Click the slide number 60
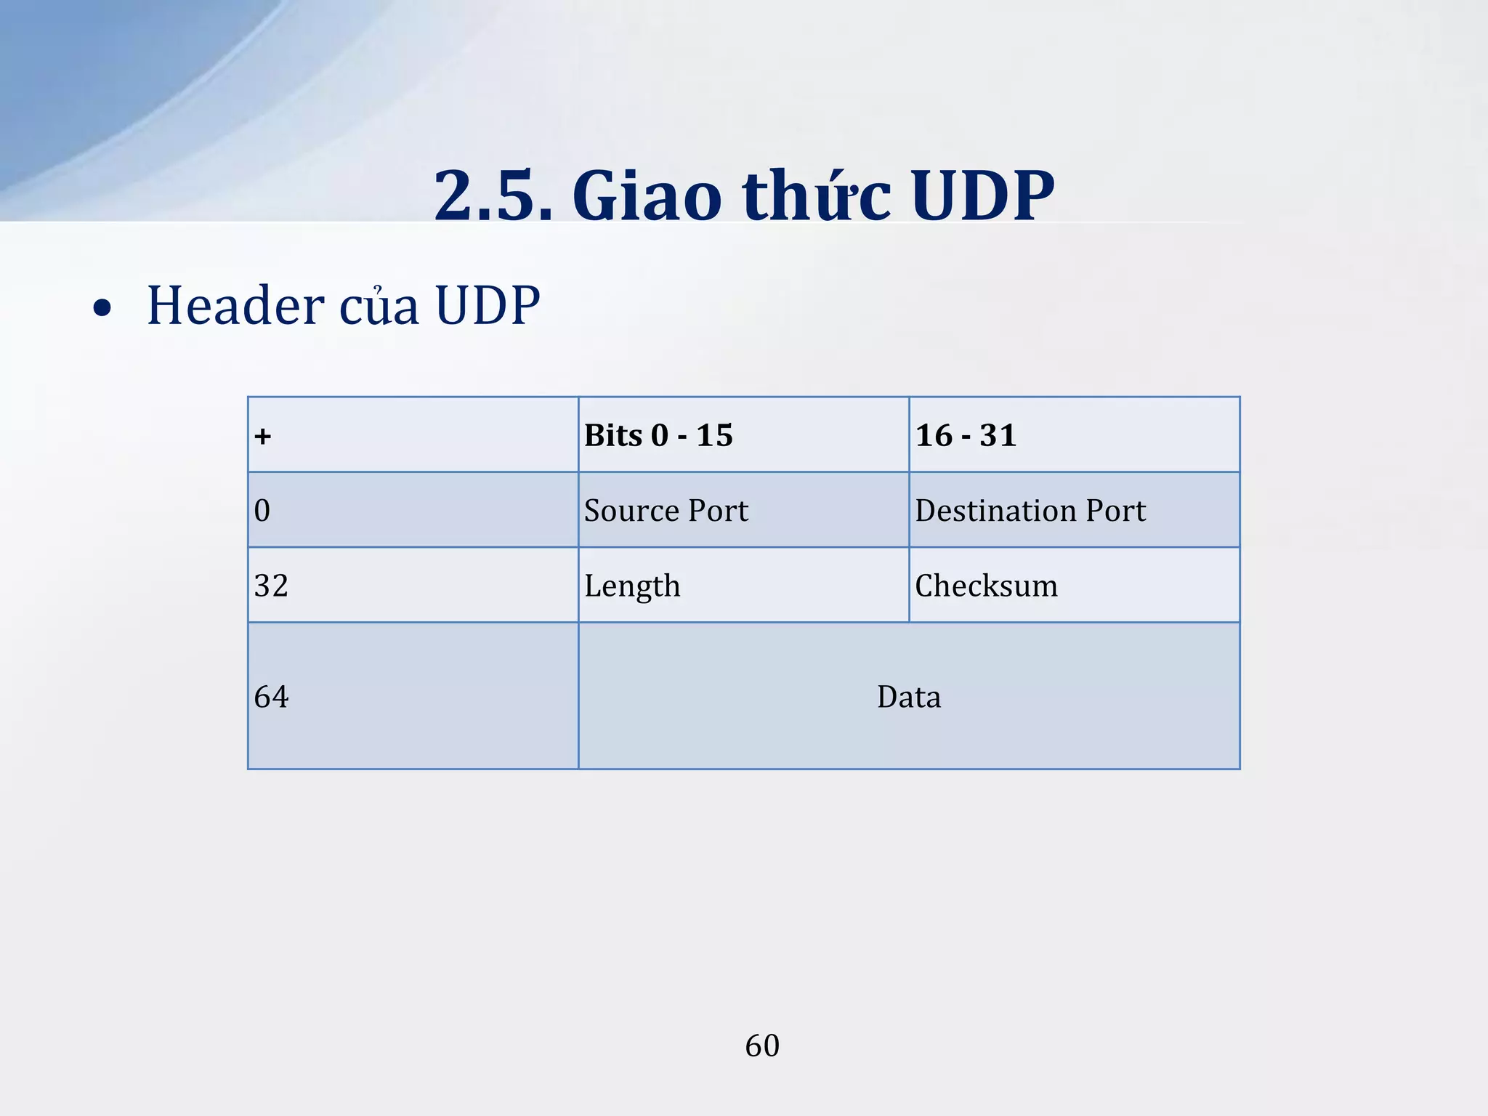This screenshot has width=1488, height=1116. tap(762, 1046)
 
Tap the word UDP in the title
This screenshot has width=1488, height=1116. tap(982, 195)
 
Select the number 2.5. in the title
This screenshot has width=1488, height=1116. tap(493, 195)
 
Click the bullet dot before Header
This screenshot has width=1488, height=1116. tap(102, 308)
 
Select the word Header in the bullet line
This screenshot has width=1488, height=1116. tap(235, 305)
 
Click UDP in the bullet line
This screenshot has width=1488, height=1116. tap(488, 305)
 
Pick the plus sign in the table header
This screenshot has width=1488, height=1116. tap(263, 436)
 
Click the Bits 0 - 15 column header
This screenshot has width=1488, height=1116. tap(658, 435)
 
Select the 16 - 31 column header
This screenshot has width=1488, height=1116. tap(966, 435)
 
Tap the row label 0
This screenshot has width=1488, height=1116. tap(262, 510)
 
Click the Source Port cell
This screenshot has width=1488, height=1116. tap(666, 510)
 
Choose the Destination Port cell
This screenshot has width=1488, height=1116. tap(1030, 510)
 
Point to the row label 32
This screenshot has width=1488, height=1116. tap(271, 585)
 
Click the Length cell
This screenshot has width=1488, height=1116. tap(632, 586)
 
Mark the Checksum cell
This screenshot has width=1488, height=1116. tap(986, 585)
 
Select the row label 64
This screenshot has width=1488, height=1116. tap(271, 697)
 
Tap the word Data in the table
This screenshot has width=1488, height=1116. tap(908, 697)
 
